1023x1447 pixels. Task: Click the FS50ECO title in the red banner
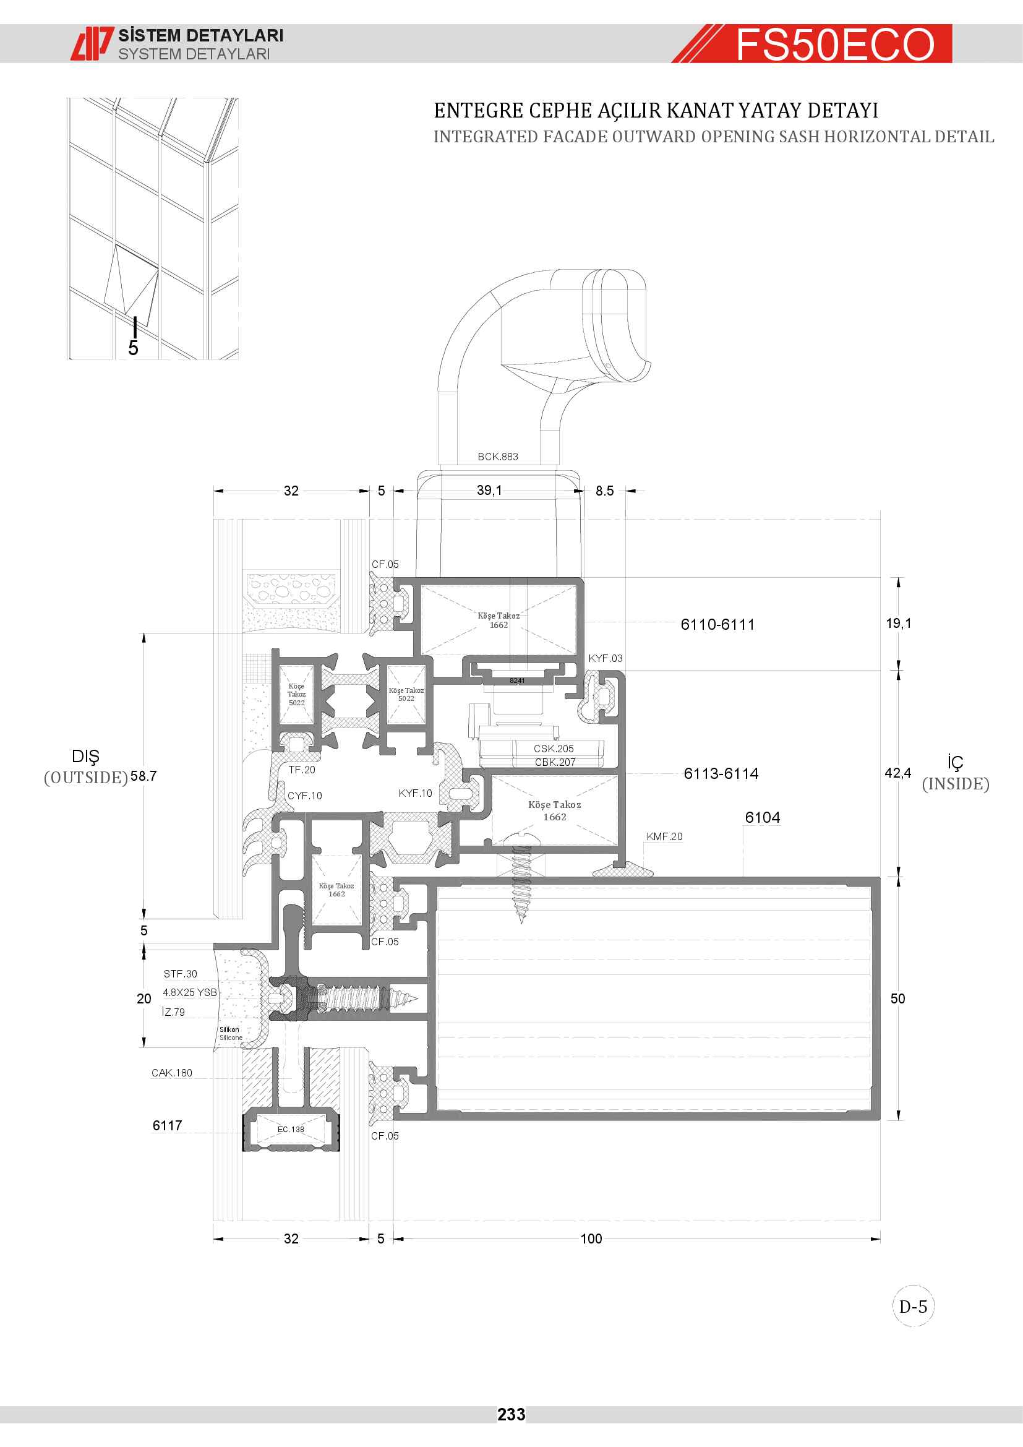click(834, 45)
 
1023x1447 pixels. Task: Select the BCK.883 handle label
click(498, 457)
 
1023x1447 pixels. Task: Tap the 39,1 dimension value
click(489, 491)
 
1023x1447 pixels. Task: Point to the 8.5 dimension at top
click(604, 491)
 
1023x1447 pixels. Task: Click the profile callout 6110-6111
click(717, 625)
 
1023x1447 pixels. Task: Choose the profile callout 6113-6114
click(721, 773)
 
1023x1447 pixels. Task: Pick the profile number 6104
click(762, 817)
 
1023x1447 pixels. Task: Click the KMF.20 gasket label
click(664, 836)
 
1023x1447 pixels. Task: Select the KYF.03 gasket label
click(606, 658)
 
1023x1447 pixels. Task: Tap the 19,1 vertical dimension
click(898, 624)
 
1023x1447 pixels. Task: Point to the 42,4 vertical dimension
click(897, 773)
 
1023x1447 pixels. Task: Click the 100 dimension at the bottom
click(591, 1239)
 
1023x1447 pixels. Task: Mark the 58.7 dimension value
click(143, 776)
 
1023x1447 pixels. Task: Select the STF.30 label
click(180, 974)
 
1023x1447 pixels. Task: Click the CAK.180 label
click(171, 1073)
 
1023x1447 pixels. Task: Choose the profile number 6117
click(168, 1125)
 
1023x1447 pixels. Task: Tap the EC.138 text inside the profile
click(291, 1130)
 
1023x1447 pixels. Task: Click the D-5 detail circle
click(913, 1307)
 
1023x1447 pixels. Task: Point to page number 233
click(511, 1414)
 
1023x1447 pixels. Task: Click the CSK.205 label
click(554, 749)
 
